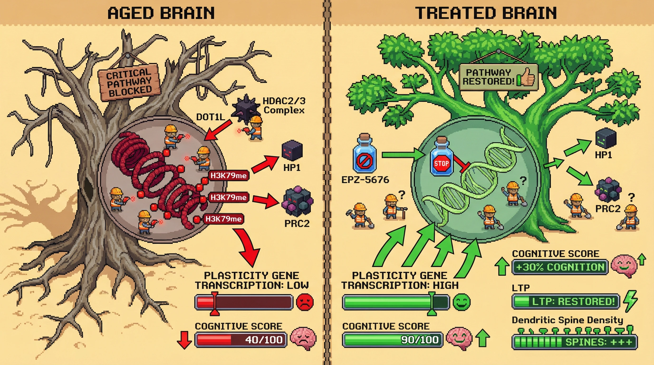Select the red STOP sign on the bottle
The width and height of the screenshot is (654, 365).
pyautogui.click(x=441, y=163)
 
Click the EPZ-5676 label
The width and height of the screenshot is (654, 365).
pyautogui.click(x=365, y=180)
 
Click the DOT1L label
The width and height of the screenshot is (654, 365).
pyautogui.click(x=211, y=117)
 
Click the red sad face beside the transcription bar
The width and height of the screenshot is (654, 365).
pyautogui.click(x=305, y=302)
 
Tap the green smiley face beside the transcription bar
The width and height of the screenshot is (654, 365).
pyautogui.click(x=462, y=302)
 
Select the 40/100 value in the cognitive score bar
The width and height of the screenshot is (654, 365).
pyautogui.click(x=264, y=340)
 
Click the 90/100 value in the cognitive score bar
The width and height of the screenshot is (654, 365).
pyautogui.click(x=420, y=340)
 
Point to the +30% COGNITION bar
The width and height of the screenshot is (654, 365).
pyautogui.click(x=560, y=267)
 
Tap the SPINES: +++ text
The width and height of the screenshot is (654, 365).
pyautogui.click(x=599, y=342)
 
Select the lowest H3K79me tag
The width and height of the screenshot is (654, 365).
pyautogui.click(x=223, y=219)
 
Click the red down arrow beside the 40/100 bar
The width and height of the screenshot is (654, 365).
pyautogui.click(x=184, y=340)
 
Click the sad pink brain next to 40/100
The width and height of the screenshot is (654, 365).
pyautogui.click(x=303, y=338)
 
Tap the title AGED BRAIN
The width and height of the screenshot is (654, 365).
pyautogui.click(x=161, y=13)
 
